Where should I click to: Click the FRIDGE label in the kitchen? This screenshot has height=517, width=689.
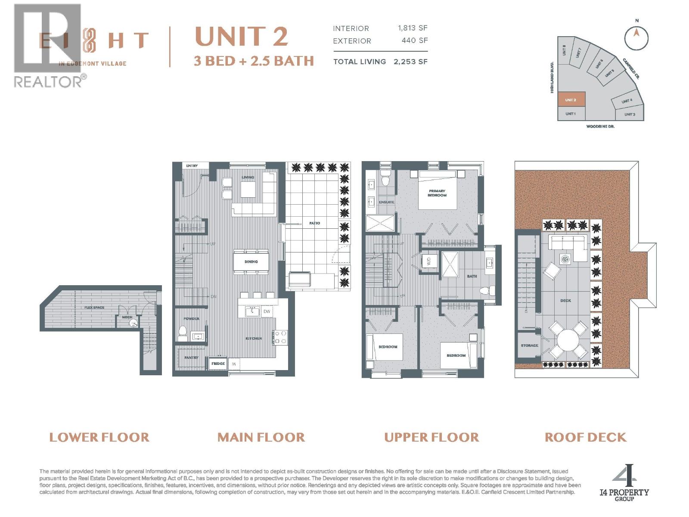tap(218, 364)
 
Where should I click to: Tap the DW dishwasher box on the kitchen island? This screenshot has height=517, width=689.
tap(267, 311)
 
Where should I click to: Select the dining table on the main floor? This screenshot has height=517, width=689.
tap(251, 262)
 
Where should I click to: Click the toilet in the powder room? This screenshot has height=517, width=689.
tap(182, 331)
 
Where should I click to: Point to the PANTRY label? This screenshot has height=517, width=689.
tap(191, 358)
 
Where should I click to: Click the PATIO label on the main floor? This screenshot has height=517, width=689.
tap(314, 223)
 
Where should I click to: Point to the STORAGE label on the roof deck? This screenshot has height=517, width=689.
tap(529, 346)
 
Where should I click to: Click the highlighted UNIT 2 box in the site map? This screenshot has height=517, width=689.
tap(571, 100)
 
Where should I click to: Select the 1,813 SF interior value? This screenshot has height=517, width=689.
tap(413, 28)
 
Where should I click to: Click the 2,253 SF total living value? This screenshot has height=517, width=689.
tap(410, 62)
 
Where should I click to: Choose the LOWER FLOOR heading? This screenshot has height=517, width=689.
tap(99, 437)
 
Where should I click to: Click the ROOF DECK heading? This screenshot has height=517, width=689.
tap(585, 437)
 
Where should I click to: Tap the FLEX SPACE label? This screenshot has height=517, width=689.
tap(94, 308)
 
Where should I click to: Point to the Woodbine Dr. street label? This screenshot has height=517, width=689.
tap(600, 127)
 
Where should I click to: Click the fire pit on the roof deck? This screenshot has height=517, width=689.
tap(565, 259)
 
